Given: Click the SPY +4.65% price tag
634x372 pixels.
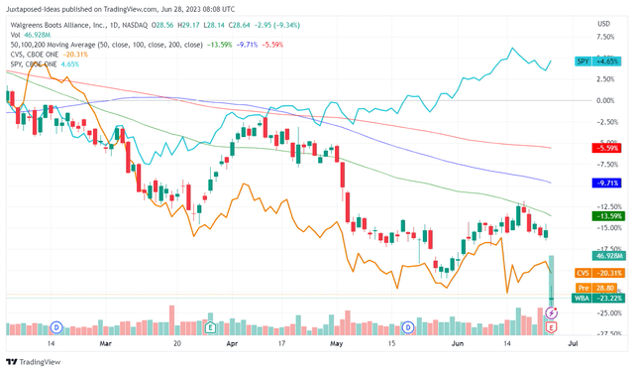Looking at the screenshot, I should (x=596, y=62).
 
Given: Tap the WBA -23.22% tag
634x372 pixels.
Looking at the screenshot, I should (x=596, y=298).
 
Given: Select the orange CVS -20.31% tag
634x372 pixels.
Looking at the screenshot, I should (x=596, y=273).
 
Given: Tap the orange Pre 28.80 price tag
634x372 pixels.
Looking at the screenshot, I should (x=596, y=286).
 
